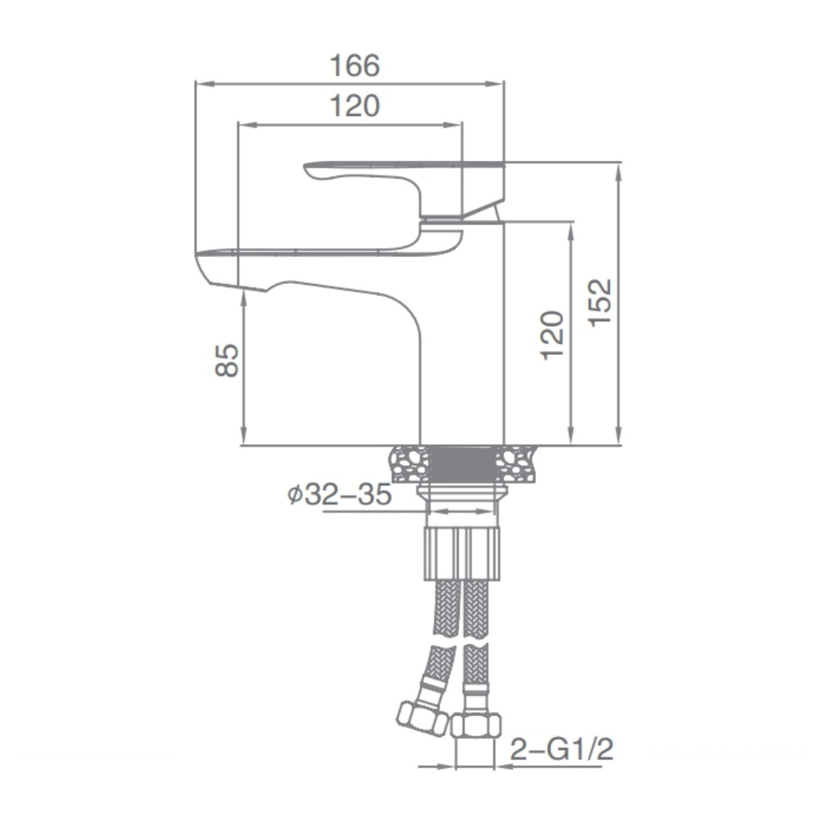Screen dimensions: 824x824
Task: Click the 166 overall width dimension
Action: tap(354, 66)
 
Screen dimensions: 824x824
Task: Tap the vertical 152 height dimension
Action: tap(599, 303)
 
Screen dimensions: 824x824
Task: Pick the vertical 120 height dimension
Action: tap(552, 336)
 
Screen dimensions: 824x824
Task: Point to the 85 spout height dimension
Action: tap(227, 360)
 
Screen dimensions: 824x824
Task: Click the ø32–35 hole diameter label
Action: tap(340, 494)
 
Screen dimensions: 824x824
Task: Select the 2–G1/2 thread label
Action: tap(562, 748)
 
